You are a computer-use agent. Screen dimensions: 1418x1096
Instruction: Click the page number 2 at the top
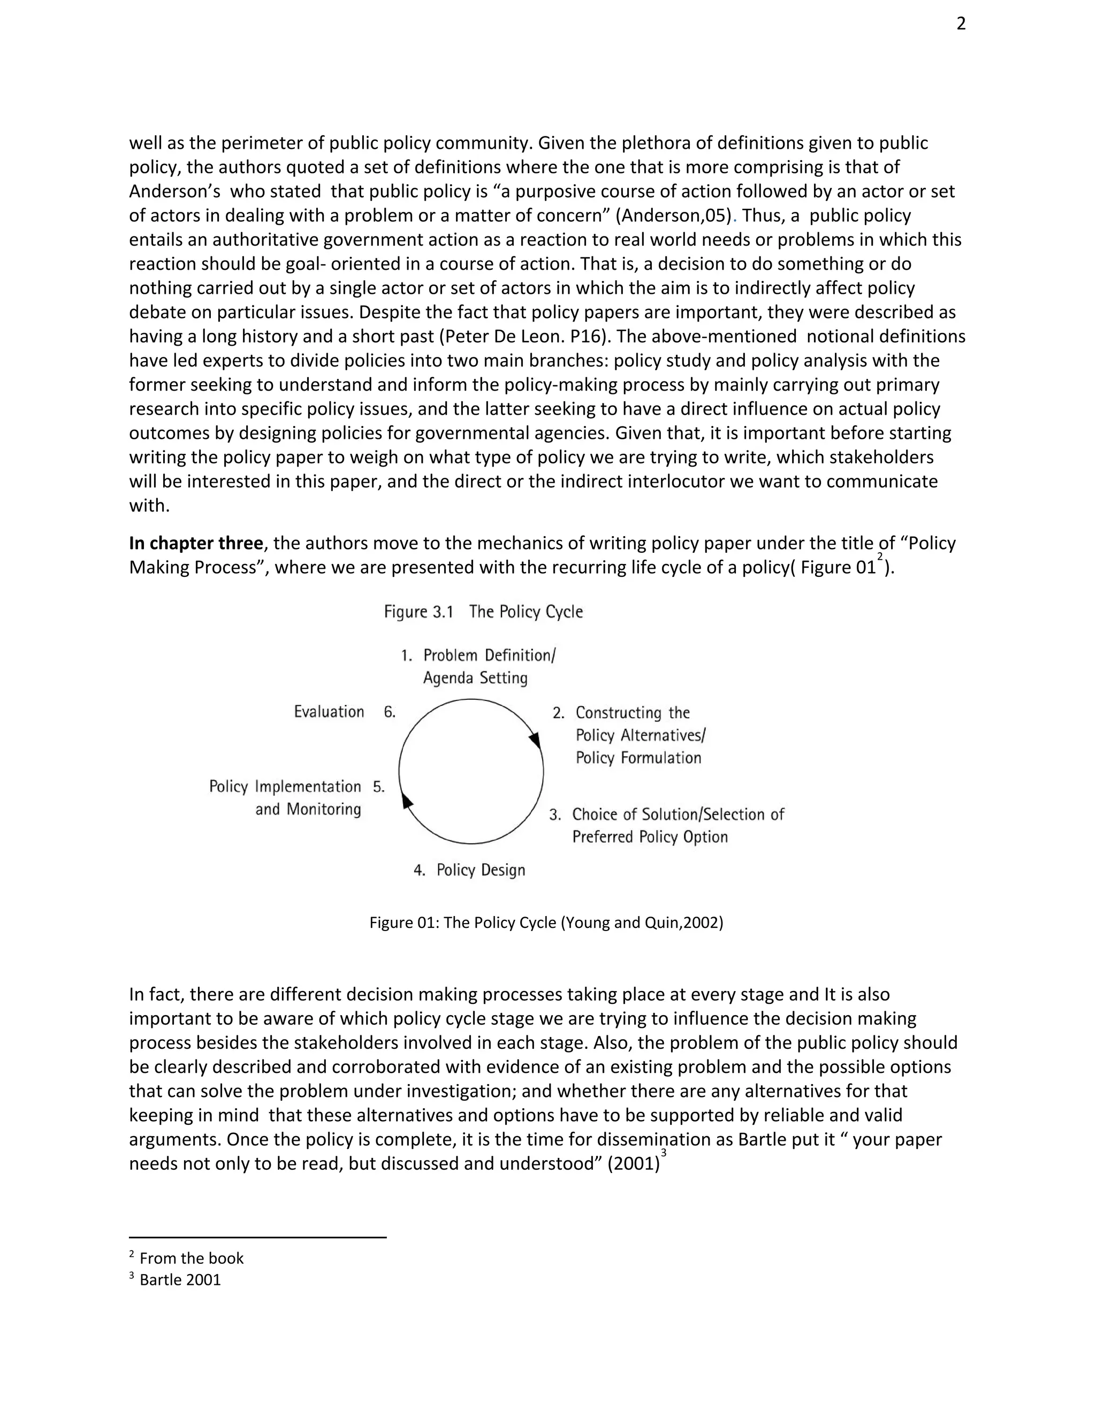(x=961, y=24)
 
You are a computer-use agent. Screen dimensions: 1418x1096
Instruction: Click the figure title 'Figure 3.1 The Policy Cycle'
(x=483, y=612)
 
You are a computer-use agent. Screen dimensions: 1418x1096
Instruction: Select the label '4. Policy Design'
(x=469, y=870)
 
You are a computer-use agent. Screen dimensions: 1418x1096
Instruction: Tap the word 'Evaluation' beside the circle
(x=329, y=712)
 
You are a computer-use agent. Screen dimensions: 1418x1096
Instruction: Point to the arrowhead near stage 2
(x=536, y=741)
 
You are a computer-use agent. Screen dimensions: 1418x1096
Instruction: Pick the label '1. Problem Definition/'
(x=478, y=655)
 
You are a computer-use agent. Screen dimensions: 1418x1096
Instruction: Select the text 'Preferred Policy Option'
(x=649, y=837)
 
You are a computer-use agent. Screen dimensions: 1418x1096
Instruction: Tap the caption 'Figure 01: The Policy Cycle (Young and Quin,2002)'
(x=546, y=923)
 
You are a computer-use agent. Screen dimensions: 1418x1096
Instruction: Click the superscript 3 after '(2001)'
(x=664, y=1153)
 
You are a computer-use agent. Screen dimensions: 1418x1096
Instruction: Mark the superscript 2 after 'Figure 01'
(x=880, y=556)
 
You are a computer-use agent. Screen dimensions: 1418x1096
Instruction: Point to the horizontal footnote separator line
(x=258, y=1238)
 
